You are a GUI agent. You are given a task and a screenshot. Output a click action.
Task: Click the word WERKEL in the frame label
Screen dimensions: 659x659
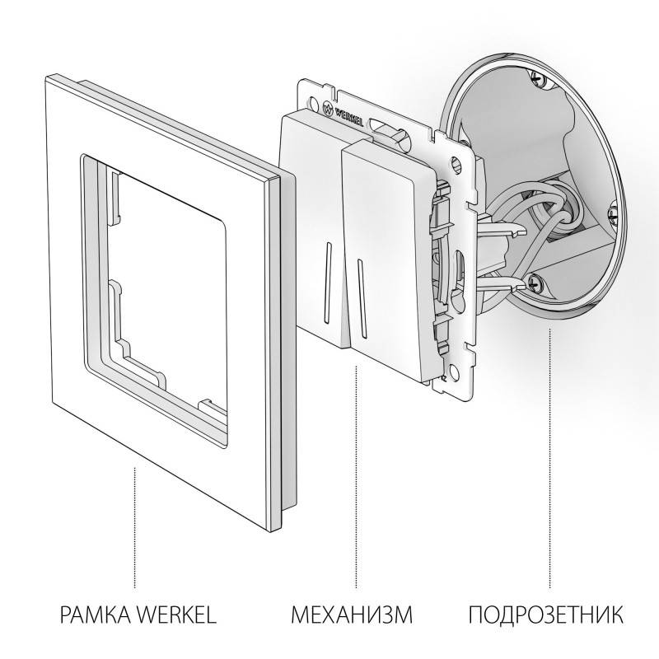point(175,615)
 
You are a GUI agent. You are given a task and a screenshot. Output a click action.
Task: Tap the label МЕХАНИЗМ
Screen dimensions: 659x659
point(351,615)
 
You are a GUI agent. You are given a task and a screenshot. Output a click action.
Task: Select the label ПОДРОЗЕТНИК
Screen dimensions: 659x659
point(547,615)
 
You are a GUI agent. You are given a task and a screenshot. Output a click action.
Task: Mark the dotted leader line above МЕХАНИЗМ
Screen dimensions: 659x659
point(355,486)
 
